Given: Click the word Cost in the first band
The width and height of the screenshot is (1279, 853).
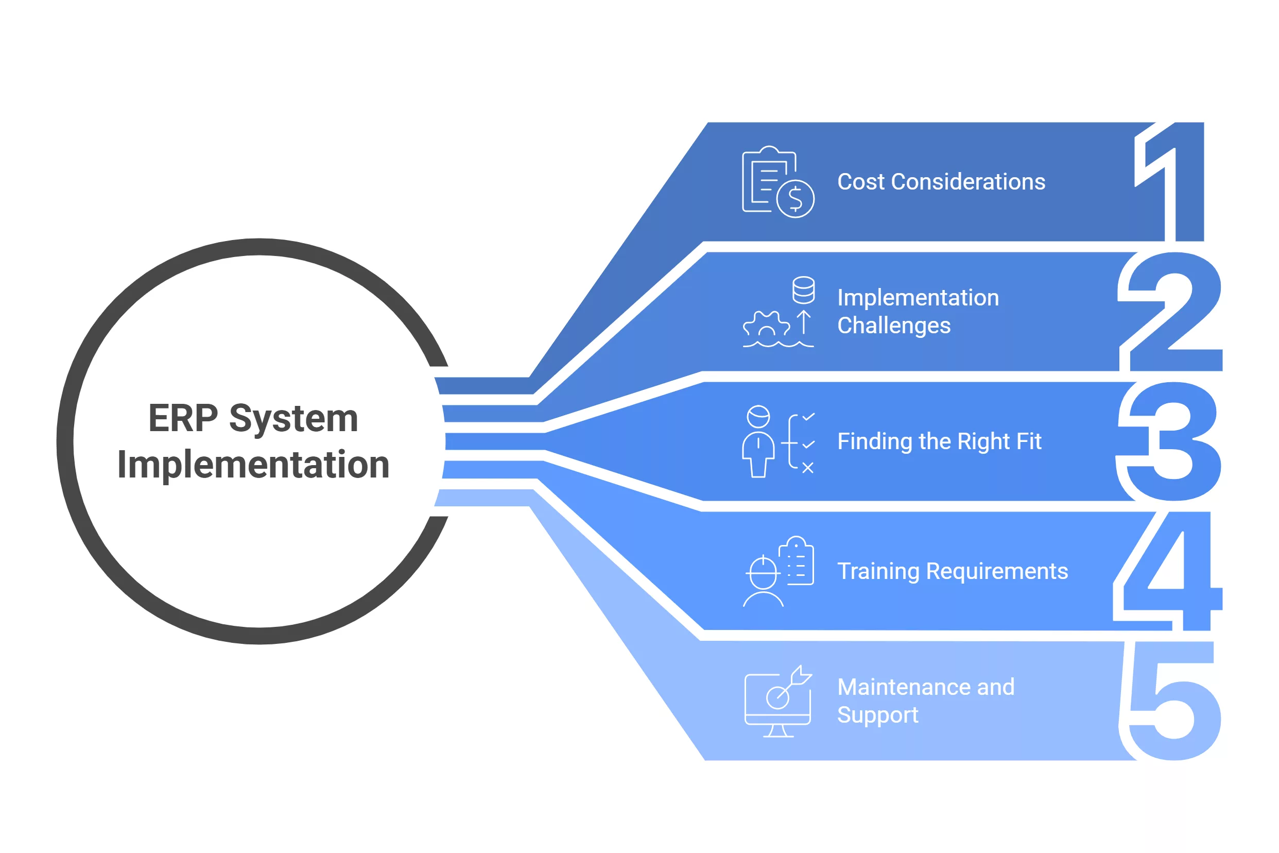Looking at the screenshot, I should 861,182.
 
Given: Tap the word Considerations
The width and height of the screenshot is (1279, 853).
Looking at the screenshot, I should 968,182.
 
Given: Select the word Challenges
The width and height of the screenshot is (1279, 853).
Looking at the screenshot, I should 893,326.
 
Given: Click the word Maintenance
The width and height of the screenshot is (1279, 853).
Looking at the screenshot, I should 904,687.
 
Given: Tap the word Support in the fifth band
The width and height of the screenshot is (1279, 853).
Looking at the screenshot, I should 877,715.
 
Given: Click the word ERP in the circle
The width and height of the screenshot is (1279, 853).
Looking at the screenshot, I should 183,418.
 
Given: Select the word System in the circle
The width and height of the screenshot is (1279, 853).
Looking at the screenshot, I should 293,418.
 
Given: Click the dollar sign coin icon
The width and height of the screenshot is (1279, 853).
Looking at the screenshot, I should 795,198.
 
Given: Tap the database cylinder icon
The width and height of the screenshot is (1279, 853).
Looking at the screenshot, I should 803,290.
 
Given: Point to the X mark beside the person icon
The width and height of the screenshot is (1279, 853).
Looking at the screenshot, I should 807,468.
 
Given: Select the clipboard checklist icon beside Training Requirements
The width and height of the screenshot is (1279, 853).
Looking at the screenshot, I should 797,562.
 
